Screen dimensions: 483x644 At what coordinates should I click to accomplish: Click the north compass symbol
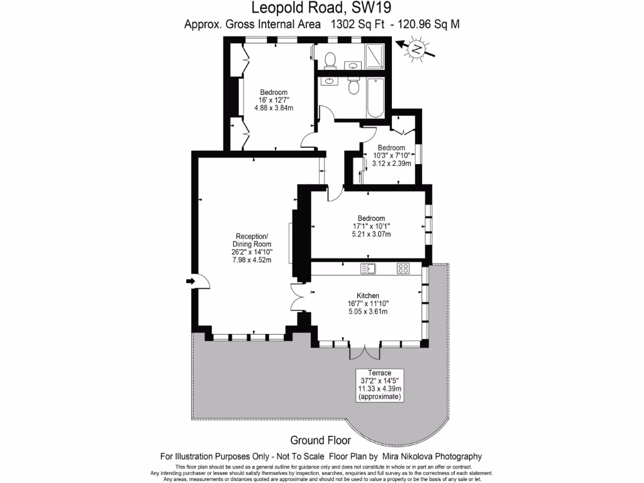click(x=416, y=48)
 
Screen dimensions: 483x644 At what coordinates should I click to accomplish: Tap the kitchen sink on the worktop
click(x=368, y=269)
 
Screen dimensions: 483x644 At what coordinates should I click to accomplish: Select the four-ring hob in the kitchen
click(x=403, y=269)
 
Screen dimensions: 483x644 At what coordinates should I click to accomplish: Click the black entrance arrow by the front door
click(x=190, y=281)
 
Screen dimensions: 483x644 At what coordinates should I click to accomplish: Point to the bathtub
click(x=376, y=97)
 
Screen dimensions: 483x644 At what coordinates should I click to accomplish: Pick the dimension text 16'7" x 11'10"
click(x=368, y=304)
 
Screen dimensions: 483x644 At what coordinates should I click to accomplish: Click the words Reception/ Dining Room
click(x=251, y=240)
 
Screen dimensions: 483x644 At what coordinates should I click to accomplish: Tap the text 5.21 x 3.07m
click(x=371, y=235)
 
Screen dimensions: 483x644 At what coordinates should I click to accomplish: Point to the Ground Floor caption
click(x=321, y=440)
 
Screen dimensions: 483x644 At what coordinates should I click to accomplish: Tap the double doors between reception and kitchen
click(x=299, y=296)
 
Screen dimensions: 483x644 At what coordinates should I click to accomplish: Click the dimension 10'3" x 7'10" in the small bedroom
click(x=391, y=155)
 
